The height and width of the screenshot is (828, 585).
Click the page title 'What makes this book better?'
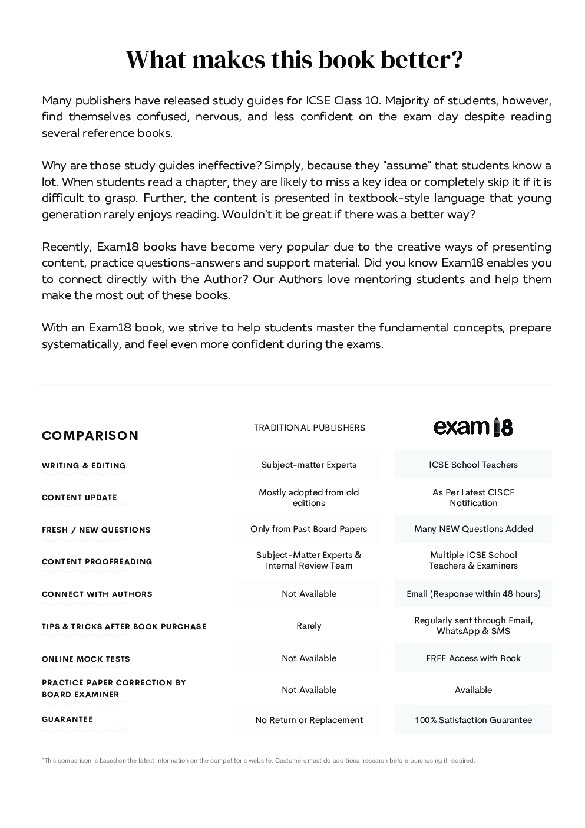pyautogui.click(x=295, y=60)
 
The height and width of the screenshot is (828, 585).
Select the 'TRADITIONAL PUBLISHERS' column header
pyautogui.click(x=309, y=428)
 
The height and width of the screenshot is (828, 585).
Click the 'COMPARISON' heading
pyautogui.click(x=90, y=436)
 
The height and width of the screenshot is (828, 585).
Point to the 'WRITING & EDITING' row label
pyautogui.click(x=84, y=465)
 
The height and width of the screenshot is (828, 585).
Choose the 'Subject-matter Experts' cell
pyautogui.click(x=309, y=465)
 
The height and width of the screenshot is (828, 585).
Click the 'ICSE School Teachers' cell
pyautogui.click(x=473, y=465)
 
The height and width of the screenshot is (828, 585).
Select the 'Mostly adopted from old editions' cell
pyautogui.click(x=309, y=497)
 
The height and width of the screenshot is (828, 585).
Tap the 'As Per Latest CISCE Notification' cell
pyautogui.click(x=473, y=497)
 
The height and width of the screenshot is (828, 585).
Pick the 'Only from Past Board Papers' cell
pyautogui.click(x=309, y=529)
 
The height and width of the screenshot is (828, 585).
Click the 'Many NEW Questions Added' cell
pyautogui.click(x=473, y=529)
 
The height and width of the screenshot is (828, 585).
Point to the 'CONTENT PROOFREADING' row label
pyautogui.click(x=97, y=561)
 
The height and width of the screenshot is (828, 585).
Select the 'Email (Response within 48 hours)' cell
pyautogui.click(x=473, y=594)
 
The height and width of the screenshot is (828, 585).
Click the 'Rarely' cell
pyautogui.click(x=309, y=626)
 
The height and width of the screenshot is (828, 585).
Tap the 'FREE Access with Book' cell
pyautogui.click(x=473, y=658)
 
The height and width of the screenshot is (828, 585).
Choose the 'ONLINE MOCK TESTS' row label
pyautogui.click(x=86, y=659)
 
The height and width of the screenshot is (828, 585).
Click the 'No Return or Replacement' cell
pyautogui.click(x=309, y=720)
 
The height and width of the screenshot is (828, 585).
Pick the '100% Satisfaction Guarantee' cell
pyautogui.click(x=473, y=720)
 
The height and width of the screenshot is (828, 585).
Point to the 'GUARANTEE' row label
pyautogui.click(x=67, y=719)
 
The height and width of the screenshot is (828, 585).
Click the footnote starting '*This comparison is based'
pyautogui.click(x=259, y=760)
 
